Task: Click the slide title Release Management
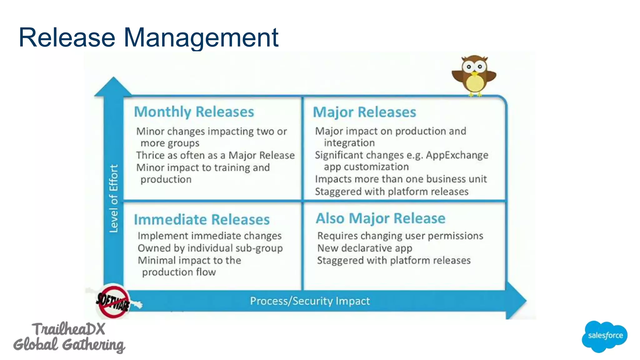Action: pos(148,37)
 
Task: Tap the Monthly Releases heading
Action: pos(194,112)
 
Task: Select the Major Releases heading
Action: pos(364,112)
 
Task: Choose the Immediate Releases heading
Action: pos(202,219)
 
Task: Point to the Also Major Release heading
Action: pos(380,218)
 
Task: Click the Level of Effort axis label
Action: pos(114,198)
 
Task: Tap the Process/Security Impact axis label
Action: pos(310,301)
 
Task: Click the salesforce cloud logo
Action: pos(605,336)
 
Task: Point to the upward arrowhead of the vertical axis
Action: pos(113,87)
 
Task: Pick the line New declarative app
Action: pos(365,248)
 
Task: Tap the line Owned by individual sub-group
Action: pos(210,248)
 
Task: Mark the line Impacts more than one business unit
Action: pos(401,179)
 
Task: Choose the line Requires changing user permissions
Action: pos(400,236)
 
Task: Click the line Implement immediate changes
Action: pos(209,236)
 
